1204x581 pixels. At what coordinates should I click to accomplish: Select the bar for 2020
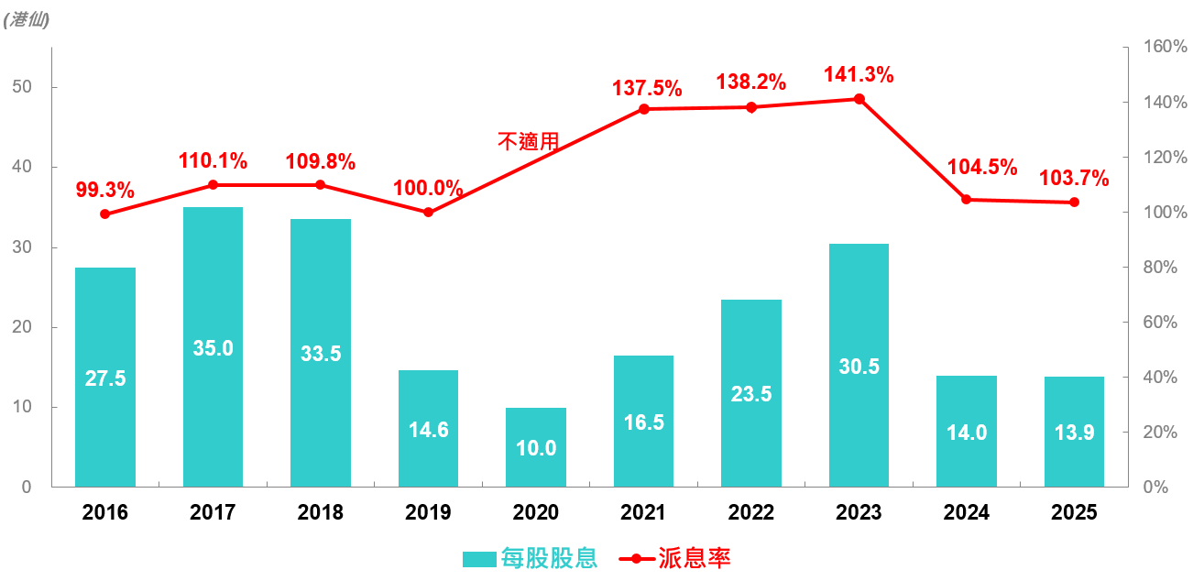536,447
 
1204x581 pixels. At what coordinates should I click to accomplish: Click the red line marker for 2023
859,99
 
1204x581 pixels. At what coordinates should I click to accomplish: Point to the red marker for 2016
105,214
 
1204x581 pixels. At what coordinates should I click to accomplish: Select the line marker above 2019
428,213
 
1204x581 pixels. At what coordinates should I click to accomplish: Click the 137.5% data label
647,88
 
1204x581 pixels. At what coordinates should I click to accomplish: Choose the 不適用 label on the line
528,141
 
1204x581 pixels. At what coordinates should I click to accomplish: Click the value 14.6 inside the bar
428,430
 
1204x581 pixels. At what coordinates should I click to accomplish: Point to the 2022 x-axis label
751,512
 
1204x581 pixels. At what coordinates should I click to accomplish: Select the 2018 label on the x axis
321,512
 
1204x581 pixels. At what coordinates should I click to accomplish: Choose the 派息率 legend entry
695,558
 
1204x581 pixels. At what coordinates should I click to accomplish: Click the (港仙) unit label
27,19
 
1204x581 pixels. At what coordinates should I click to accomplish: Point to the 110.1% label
213,161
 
